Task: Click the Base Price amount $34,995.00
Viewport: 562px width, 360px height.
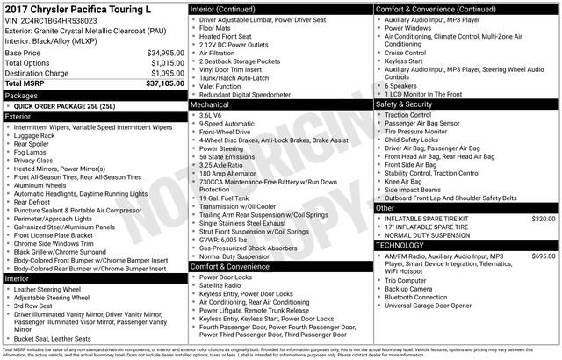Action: click(159, 54)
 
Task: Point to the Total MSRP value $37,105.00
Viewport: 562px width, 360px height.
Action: click(159, 83)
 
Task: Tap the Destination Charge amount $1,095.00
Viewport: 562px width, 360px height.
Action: click(161, 73)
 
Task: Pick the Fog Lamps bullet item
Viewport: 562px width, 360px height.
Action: click(32, 151)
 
